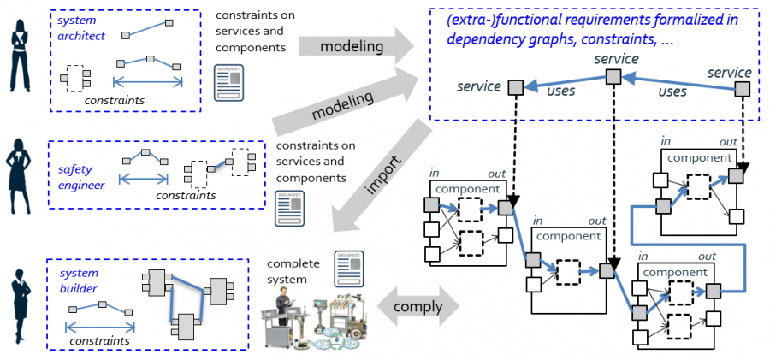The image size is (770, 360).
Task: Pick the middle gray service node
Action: [613, 78]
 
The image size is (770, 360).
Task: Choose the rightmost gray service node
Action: [743, 88]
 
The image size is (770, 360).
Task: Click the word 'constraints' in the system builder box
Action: [99, 340]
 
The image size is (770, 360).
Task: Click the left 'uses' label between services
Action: [560, 91]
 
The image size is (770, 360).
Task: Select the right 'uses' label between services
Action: [673, 91]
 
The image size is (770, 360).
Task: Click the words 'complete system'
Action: [291, 271]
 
